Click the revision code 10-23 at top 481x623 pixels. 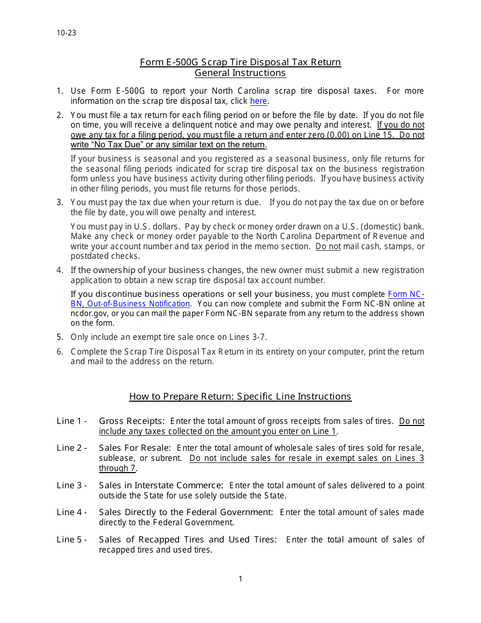(66, 33)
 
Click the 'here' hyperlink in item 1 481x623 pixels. (258, 101)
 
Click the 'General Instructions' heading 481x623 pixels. (240, 73)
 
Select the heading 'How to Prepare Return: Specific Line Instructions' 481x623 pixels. (240, 397)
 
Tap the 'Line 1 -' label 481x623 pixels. (71, 421)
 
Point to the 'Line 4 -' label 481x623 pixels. (71, 512)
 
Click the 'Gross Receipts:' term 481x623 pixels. (132, 421)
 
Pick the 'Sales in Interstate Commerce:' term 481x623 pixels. (161, 485)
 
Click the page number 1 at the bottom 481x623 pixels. (240, 579)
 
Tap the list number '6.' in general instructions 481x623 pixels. (60, 352)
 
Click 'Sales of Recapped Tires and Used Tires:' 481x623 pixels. (188, 539)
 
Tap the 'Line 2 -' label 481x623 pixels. (71, 448)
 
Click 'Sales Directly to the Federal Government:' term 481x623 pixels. (186, 512)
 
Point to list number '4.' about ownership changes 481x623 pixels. (60, 270)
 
